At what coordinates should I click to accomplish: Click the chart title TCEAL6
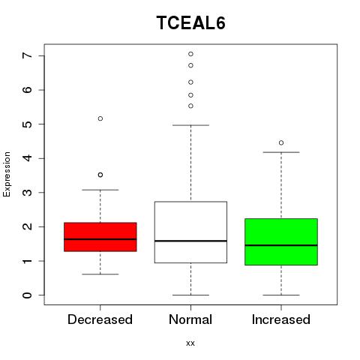(191, 22)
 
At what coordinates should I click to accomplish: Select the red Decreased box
(100, 237)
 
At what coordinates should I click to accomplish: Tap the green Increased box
(281, 241)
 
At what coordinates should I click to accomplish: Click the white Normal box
(190, 232)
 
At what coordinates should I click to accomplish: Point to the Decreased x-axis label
(100, 319)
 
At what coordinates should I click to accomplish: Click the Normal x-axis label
(190, 319)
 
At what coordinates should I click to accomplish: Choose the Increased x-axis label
(281, 319)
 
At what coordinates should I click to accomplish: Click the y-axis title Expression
(7, 174)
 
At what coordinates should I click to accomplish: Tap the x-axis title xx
(190, 343)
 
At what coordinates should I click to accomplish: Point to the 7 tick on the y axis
(27, 55)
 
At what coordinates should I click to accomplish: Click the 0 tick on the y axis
(27, 295)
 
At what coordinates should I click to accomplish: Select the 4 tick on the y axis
(27, 158)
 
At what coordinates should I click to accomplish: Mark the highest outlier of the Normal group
(190, 54)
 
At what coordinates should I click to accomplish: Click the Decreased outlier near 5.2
(100, 118)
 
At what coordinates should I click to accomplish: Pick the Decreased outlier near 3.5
(100, 175)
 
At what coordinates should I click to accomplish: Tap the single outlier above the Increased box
(281, 142)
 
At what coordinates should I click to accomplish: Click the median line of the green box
(281, 245)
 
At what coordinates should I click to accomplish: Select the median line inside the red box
(100, 239)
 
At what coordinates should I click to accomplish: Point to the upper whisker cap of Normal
(190, 125)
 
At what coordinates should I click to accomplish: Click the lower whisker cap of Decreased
(100, 274)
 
